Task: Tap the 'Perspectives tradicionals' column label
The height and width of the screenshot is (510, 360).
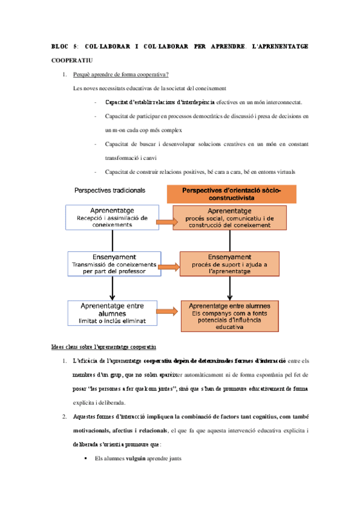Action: pyautogui.click(x=109, y=190)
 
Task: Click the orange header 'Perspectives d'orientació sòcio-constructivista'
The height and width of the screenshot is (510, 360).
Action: pyautogui.click(x=231, y=193)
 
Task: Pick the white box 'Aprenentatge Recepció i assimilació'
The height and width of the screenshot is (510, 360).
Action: pyautogui.click(x=112, y=218)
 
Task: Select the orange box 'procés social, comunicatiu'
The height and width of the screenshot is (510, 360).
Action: pyautogui.click(x=230, y=218)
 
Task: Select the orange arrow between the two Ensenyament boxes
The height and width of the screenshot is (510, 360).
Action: pyautogui.click(x=170, y=266)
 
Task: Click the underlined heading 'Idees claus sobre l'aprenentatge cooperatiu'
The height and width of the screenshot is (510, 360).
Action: pyautogui.click(x=103, y=348)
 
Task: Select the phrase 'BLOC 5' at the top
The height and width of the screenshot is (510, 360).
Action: pyautogui.click(x=64, y=46)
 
